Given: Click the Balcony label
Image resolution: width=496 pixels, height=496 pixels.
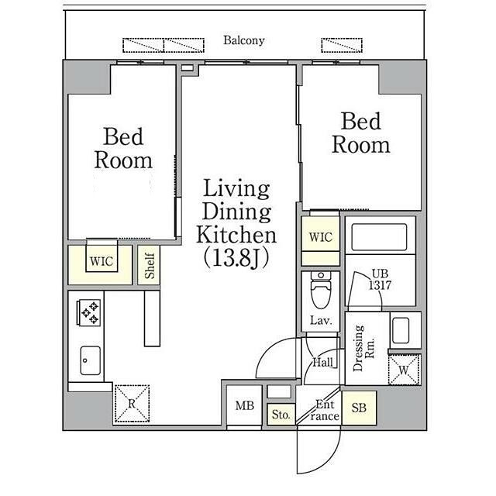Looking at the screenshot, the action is [x=244, y=40].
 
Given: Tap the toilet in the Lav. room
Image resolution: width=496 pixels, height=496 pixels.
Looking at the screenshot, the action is [x=321, y=290].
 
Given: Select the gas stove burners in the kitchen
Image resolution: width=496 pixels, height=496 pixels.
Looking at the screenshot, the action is [x=89, y=312].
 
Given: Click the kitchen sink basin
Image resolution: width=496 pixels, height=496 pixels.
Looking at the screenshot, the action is [x=90, y=360].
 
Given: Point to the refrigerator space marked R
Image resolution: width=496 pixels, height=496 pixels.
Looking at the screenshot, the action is [x=132, y=403].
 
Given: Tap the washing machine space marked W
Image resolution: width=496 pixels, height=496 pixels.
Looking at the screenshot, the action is [x=404, y=370].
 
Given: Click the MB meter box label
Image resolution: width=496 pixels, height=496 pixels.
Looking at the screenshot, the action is [x=245, y=405].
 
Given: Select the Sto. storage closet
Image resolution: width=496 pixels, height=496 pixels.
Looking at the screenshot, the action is [x=281, y=415].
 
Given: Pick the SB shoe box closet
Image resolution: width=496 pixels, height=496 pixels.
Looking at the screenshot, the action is [x=359, y=408].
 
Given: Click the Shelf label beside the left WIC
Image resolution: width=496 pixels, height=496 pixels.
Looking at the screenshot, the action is [x=150, y=265].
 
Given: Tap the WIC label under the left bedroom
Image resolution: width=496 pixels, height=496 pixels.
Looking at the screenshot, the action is [x=102, y=262].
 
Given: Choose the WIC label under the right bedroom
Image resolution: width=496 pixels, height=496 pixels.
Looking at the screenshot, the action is [x=321, y=237].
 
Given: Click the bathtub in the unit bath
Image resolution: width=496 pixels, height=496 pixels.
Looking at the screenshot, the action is [x=379, y=237].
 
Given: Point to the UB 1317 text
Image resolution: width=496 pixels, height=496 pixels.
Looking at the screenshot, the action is [x=380, y=280].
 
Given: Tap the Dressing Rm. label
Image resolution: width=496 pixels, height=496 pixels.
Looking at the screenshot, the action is [x=363, y=348].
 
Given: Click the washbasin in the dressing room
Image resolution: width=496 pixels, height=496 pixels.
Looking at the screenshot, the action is [x=401, y=331].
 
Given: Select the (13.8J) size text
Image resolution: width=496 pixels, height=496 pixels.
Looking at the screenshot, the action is [x=236, y=259].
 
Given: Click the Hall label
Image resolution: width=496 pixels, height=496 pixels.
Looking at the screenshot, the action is [x=322, y=363].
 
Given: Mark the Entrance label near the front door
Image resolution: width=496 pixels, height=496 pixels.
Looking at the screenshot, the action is [x=325, y=411].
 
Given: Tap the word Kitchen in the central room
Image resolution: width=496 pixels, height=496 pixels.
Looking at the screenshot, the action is [x=236, y=235].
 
